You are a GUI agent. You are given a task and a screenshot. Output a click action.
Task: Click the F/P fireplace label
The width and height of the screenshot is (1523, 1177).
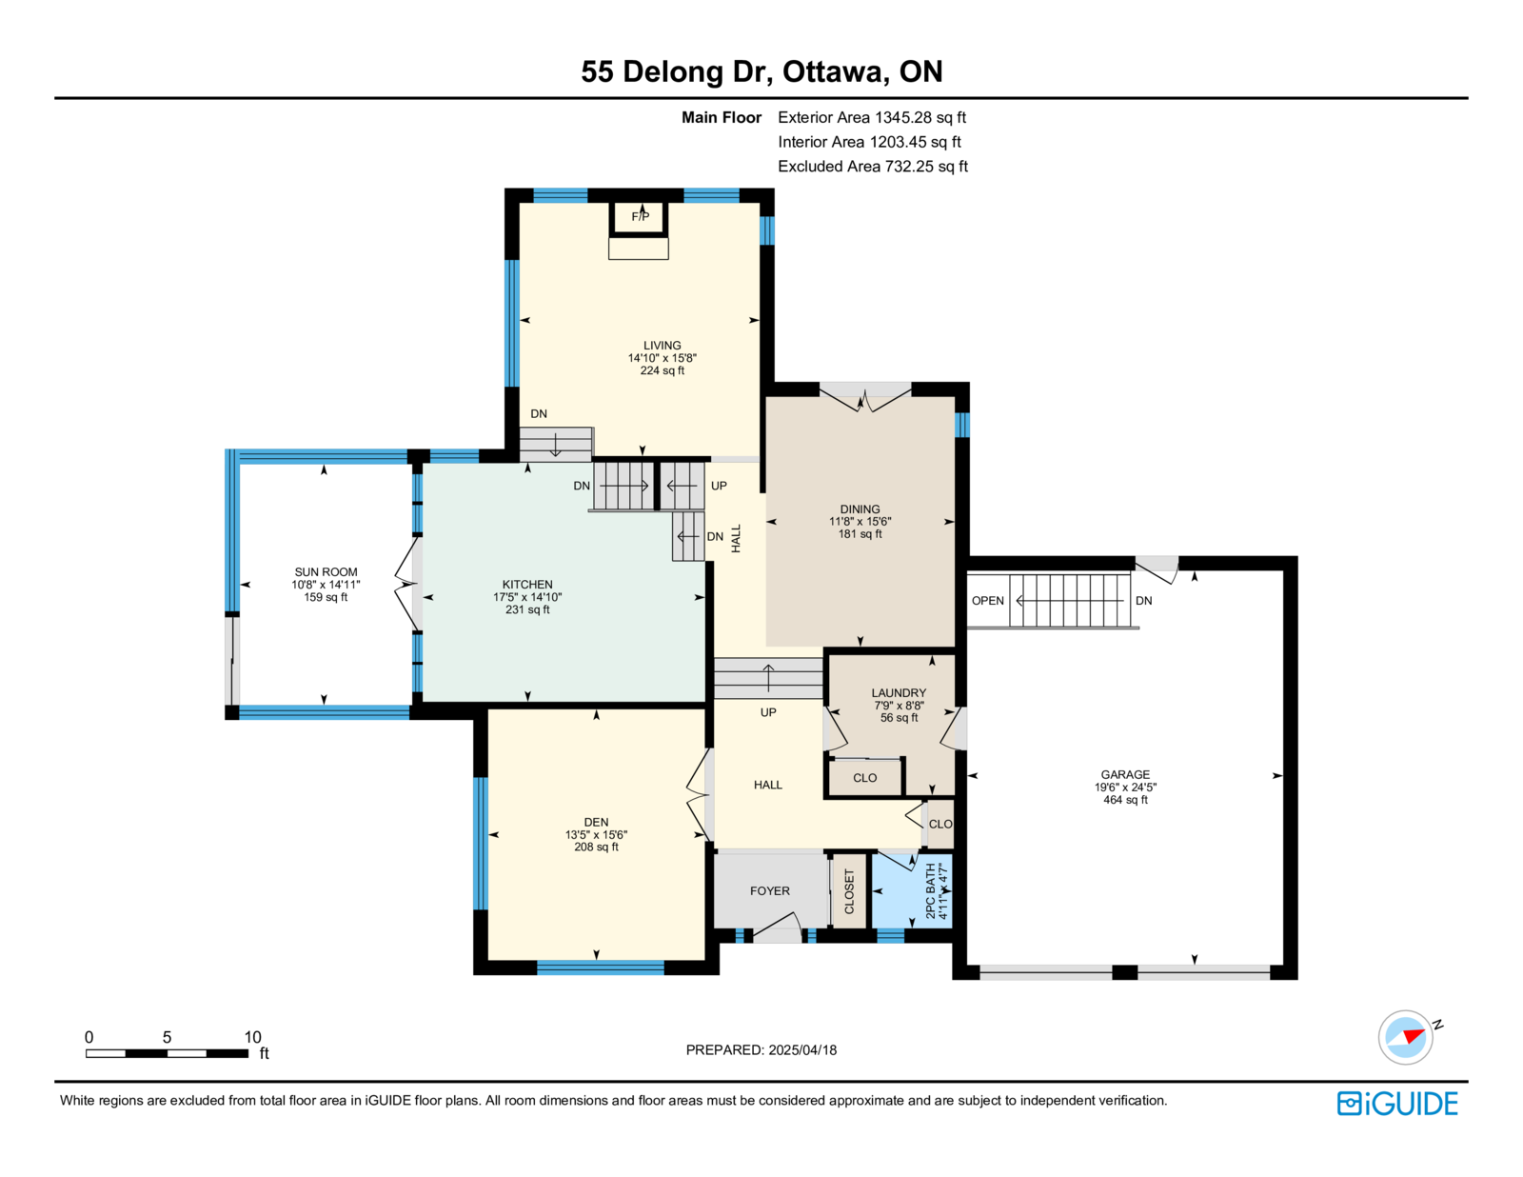[x=640, y=216]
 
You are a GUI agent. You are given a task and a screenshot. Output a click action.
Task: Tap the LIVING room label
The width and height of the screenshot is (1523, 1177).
[x=662, y=345]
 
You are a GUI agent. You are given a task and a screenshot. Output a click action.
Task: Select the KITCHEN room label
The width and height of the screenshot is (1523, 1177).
[x=527, y=584]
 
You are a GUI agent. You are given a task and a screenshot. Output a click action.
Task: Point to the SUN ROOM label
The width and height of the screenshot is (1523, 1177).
[x=326, y=572]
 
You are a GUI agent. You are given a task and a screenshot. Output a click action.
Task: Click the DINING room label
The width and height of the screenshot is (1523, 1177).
[x=860, y=509]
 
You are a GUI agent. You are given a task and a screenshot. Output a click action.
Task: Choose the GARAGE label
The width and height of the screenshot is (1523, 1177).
[x=1125, y=774]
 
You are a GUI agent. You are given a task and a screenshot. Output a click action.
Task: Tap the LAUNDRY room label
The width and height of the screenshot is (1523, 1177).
[x=899, y=692]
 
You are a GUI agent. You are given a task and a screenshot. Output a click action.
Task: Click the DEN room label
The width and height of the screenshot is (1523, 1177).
[x=596, y=822]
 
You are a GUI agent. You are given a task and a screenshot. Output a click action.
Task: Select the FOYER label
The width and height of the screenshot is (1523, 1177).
[x=769, y=890]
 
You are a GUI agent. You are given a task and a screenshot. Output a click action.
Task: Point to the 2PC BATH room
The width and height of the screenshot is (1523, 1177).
[x=911, y=890]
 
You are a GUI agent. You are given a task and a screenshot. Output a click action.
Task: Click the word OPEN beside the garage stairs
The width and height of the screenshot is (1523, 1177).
[x=987, y=600]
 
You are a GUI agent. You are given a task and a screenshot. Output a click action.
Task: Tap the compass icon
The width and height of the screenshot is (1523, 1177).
[x=1405, y=1037]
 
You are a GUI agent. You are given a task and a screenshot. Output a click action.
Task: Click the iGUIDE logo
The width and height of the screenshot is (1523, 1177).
[x=1396, y=1104]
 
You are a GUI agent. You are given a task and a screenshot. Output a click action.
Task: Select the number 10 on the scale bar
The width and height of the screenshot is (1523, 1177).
[x=252, y=1037]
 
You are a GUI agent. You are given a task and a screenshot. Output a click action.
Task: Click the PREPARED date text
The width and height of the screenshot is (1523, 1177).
[x=761, y=1049]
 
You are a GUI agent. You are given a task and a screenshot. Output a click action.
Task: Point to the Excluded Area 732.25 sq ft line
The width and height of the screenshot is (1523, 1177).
[x=873, y=166]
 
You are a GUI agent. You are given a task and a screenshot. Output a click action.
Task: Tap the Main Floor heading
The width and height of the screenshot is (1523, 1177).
[x=722, y=117]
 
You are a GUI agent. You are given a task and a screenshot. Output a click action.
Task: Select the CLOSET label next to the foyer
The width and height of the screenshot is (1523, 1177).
[x=849, y=891]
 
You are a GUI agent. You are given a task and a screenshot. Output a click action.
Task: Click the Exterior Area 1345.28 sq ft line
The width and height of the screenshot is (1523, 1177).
[x=872, y=117]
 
